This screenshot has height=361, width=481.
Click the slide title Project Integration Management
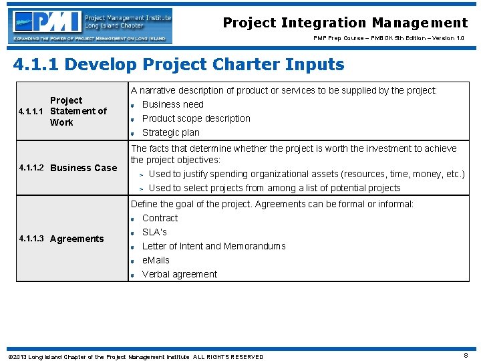point(345,23)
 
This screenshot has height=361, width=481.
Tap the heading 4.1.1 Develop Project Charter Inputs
point(179,65)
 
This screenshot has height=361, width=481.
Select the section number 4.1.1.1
point(32,112)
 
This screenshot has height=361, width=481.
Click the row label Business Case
point(84,168)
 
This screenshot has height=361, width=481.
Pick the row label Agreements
point(77,239)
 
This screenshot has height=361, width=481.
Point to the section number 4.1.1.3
point(32,239)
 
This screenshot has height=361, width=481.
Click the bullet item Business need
point(172,104)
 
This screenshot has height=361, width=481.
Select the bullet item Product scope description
point(196,118)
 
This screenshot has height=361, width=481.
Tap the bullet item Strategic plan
point(170,132)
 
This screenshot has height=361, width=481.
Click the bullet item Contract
point(160,218)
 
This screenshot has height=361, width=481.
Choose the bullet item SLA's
point(154,232)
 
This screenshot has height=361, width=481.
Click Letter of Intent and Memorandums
point(213,246)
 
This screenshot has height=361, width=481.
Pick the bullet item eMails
point(156,260)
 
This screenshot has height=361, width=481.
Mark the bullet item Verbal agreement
point(179,274)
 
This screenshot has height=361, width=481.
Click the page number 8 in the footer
point(465,356)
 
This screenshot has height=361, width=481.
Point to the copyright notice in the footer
point(134,356)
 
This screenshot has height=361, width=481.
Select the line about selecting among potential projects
point(274,188)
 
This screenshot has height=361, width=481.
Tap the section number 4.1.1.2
point(32,168)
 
